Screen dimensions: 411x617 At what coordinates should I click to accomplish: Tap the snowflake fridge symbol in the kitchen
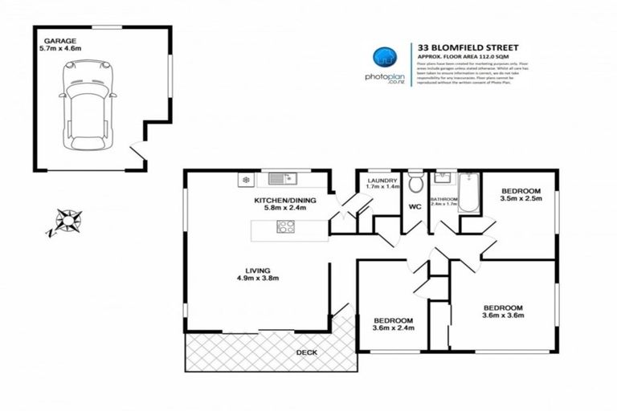click(246, 180)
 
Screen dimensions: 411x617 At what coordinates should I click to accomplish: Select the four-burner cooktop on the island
click(285, 226)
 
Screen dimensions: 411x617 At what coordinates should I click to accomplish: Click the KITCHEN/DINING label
click(285, 199)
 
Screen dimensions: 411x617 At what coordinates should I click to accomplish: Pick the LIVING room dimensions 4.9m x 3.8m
click(257, 279)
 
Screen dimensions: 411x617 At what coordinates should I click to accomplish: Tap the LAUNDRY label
click(382, 181)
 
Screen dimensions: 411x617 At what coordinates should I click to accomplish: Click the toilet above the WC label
click(415, 183)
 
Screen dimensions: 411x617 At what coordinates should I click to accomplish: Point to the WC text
click(415, 206)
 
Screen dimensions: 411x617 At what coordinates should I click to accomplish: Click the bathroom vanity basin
click(442, 177)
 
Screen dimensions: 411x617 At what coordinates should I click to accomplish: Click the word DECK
click(306, 352)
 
